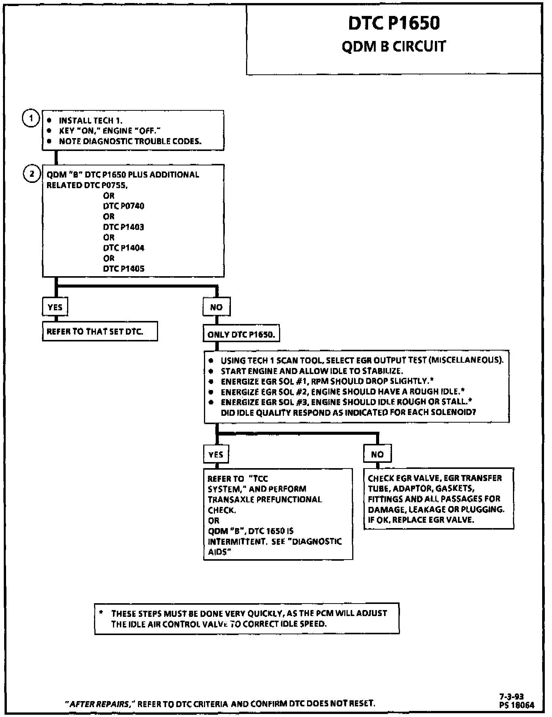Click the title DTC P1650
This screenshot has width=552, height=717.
(x=394, y=23)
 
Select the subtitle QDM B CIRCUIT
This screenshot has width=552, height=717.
(x=394, y=47)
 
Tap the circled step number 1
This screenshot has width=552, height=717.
(x=31, y=119)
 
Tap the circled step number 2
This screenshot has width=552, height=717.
(x=31, y=174)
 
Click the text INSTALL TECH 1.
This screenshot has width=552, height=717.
(x=90, y=121)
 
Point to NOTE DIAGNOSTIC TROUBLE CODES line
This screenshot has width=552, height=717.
(x=130, y=142)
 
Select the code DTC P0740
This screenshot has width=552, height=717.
(x=124, y=206)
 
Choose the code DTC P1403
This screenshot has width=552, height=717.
(x=124, y=227)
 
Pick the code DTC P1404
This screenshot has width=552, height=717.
(x=124, y=248)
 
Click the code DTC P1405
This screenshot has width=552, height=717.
(x=124, y=269)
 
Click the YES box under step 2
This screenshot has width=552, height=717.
(x=55, y=307)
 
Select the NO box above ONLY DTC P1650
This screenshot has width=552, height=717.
(x=216, y=307)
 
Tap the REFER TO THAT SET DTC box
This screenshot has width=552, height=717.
(x=99, y=332)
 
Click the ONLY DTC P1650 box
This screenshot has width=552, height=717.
(x=241, y=335)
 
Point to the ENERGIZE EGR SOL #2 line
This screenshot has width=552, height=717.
(x=343, y=392)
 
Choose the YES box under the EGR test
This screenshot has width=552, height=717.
(x=216, y=454)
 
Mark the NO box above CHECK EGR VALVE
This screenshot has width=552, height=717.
(x=377, y=454)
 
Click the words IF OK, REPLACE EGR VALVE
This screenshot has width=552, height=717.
(x=421, y=520)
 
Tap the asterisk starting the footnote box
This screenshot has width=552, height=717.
(x=101, y=613)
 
